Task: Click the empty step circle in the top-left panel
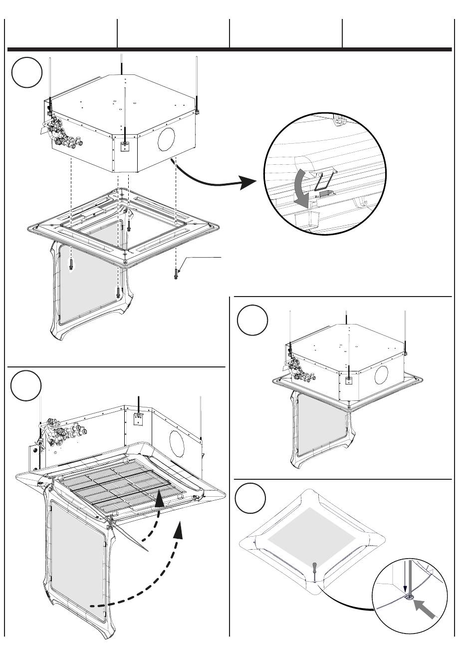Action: tap(27, 73)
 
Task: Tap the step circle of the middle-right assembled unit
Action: tap(252, 321)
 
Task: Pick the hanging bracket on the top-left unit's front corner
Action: tap(125, 145)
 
